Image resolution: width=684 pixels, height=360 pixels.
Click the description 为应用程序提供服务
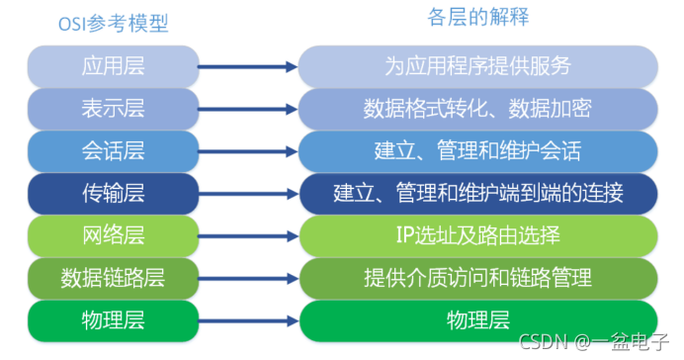pos(477,66)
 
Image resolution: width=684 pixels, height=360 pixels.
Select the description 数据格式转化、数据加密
pos(477,108)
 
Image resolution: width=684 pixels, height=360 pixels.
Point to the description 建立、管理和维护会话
pos(477,150)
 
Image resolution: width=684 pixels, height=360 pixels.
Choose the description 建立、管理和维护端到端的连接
pos(477,193)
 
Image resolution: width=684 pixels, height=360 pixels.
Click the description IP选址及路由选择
pos(477,235)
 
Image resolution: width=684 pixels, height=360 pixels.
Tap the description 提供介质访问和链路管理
pos(477,278)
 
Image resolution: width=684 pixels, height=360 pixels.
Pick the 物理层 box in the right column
pos(477,320)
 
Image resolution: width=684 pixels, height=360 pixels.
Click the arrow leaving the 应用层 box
pos(247,66)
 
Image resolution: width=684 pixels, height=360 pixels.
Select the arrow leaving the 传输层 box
pos(247,193)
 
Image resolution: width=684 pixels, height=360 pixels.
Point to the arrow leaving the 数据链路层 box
pos(247,278)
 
